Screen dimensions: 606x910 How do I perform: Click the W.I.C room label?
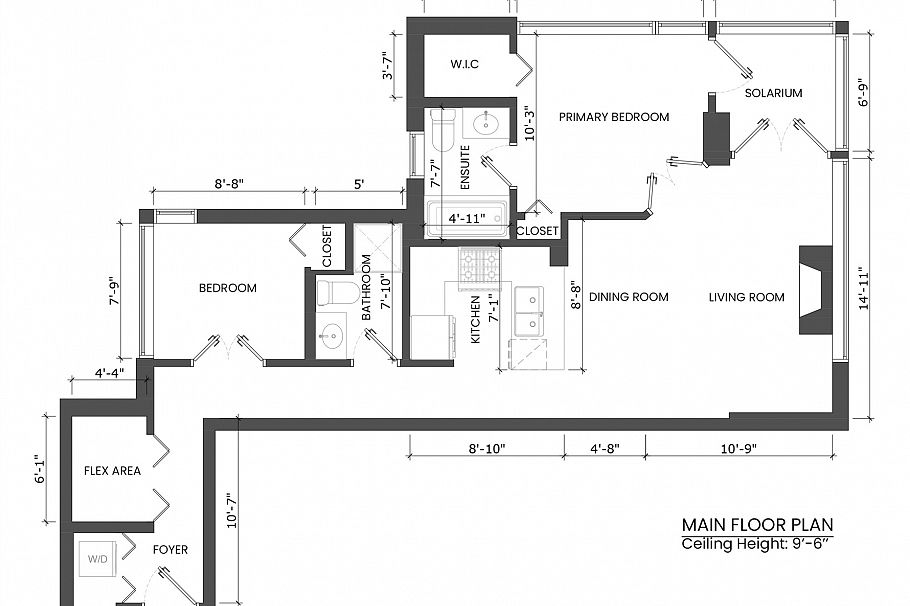465,65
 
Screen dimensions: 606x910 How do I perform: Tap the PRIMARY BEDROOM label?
613,117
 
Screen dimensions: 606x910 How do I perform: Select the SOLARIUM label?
773,93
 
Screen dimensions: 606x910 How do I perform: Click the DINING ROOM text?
628,297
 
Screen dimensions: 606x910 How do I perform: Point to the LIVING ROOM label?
746,297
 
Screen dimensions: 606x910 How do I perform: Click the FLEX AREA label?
112,470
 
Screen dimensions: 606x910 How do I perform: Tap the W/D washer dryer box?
98,559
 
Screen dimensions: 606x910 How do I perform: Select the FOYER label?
169,550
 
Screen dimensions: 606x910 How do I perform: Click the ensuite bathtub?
466,219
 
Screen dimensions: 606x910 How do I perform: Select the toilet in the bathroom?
335,293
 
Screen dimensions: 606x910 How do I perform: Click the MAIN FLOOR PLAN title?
757,525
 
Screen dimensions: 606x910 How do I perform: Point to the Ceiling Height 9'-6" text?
757,544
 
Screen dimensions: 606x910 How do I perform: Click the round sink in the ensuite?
488,123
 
